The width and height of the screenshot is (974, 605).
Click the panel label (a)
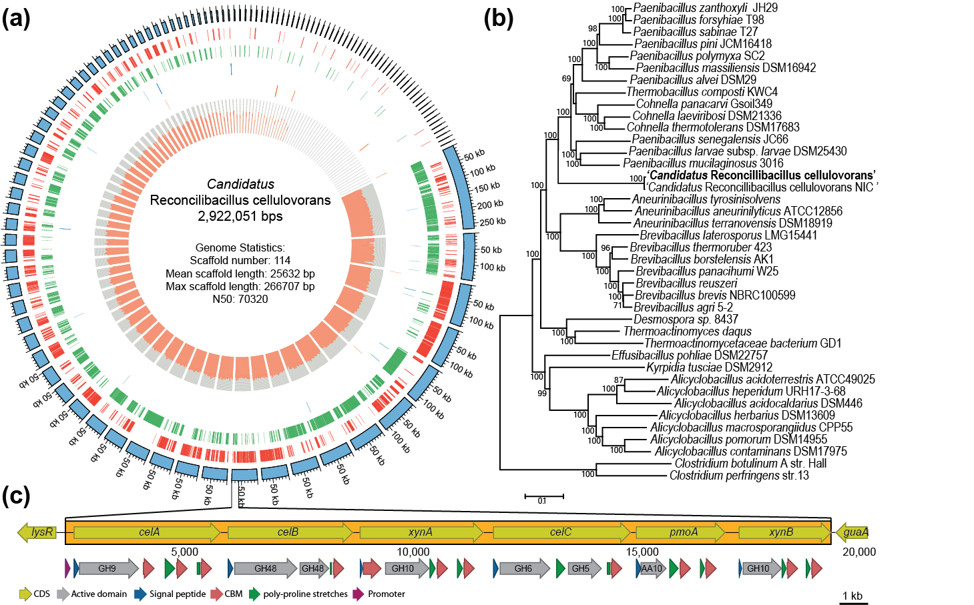click(x=16, y=19)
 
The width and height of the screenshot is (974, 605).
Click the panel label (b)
click(x=499, y=19)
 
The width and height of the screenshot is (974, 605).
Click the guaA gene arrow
click(x=853, y=532)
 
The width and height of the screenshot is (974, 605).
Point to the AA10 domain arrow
click(x=651, y=569)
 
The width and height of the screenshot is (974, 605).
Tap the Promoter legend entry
click(x=385, y=594)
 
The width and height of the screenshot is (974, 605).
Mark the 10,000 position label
click(x=413, y=552)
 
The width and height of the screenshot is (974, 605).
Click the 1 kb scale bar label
click(x=853, y=596)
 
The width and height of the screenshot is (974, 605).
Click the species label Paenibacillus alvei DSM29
click(x=693, y=80)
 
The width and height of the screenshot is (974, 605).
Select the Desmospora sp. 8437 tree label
click(x=686, y=320)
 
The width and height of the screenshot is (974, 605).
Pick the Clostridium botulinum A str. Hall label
click(x=750, y=464)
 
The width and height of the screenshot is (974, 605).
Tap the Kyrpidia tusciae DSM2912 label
click(x=709, y=368)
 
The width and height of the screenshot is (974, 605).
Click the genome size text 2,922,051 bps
click(x=240, y=217)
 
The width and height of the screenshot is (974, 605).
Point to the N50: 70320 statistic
click(x=240, y=299)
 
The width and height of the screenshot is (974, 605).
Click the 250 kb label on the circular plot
click(x=493, y=222)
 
